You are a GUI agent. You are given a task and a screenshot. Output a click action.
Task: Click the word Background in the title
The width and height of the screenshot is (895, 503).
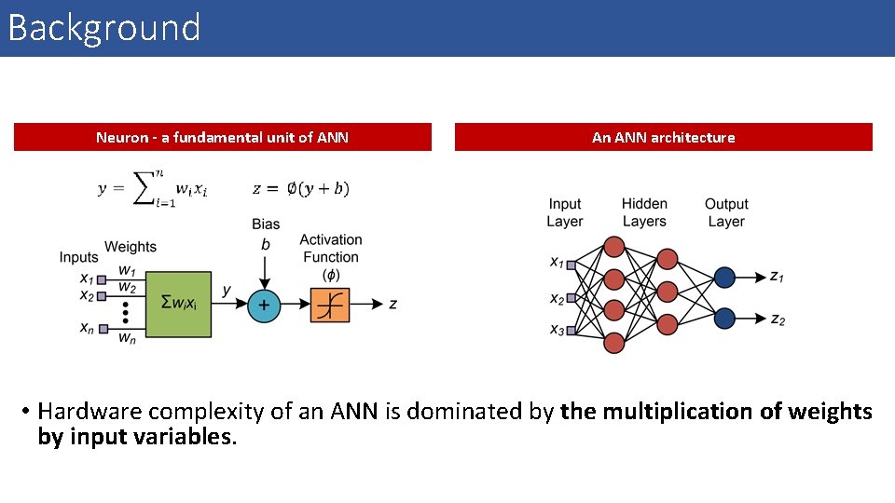(103, 28)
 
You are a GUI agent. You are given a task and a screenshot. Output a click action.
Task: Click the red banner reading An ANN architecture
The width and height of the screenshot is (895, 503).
(663, 137)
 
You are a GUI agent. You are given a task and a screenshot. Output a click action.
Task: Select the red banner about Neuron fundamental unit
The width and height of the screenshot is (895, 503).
(222, 137)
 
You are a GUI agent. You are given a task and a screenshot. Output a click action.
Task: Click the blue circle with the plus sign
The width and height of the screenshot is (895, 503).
(264, 305)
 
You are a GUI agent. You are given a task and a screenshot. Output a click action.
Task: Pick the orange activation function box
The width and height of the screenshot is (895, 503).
(330, 305)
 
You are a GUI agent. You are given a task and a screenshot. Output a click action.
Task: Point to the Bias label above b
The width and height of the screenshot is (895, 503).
(265, 224)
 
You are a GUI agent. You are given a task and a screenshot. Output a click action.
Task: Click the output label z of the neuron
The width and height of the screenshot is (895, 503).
(392, 305)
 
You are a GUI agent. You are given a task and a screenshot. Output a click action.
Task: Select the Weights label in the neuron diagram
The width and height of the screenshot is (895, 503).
(131, 247)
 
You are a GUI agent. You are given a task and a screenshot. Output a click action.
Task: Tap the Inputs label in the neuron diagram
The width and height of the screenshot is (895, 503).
(78, 257)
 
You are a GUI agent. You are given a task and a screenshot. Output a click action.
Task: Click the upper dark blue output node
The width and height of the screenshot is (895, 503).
(724, 278)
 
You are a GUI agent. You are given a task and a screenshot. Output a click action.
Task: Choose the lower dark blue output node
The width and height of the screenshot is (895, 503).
(724, 319)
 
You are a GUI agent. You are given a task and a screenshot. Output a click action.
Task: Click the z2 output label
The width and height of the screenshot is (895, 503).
(778, 319)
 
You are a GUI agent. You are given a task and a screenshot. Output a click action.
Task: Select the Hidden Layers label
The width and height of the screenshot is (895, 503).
(644, 212)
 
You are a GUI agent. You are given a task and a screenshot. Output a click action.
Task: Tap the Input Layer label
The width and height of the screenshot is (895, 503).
(564, 212)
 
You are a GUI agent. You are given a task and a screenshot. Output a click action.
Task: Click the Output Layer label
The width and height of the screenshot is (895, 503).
(726, 212)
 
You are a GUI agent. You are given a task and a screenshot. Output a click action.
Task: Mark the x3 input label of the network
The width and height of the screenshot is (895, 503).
(557, 329)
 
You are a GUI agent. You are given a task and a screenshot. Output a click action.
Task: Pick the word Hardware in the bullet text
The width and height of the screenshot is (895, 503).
(89, 412)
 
